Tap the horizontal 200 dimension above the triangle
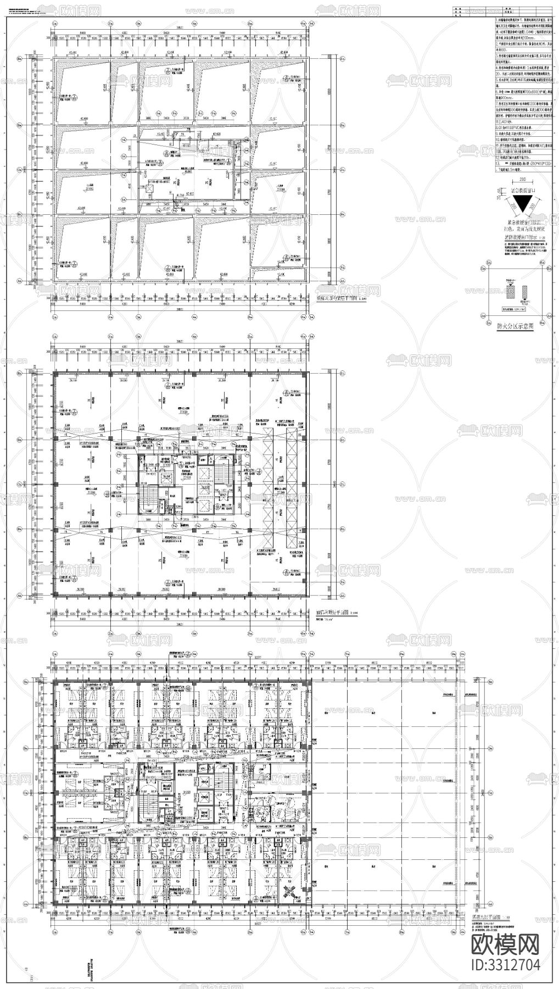(x=515, y=179)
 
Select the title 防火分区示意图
(x=515, y=325)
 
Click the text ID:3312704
(x=506, y=964)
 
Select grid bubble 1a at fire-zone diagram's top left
(x=483, y=268)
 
